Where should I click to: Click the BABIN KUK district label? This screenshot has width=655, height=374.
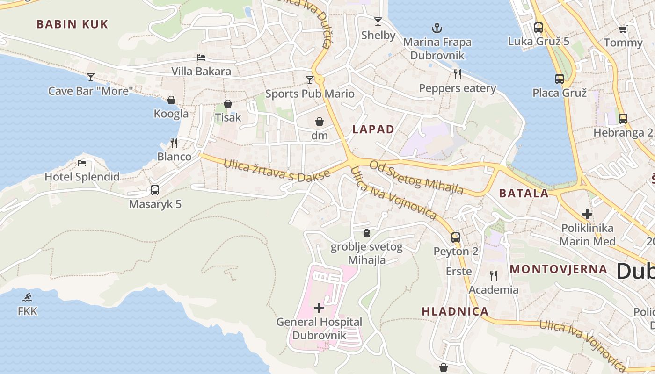coord(72,24)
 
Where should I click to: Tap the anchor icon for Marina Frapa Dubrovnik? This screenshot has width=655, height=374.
coord(437,29)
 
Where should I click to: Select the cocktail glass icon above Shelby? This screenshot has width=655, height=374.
coord(378,22)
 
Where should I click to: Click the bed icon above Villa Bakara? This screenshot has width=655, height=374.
coord(201,58)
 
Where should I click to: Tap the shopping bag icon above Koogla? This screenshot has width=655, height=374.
coord(171,100)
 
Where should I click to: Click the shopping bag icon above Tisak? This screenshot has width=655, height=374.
coord(228,104)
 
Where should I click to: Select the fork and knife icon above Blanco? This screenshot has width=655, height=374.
coord(174,143)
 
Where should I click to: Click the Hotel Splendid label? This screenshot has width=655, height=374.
coord(82,177)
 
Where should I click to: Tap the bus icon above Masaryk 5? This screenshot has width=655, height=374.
coord(155,190)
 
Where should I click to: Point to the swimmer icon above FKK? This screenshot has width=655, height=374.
coord(28,297)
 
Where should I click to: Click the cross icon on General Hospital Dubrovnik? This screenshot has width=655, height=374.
coord(319,308)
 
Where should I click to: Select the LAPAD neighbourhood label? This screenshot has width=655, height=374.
coord(373,129)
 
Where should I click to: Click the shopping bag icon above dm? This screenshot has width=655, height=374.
coord(320,122)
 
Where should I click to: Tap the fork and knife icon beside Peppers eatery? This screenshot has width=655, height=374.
coord(458,74)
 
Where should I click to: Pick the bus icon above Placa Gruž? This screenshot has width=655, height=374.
coord(560,79)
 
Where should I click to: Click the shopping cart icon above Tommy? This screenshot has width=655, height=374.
coord(623,29)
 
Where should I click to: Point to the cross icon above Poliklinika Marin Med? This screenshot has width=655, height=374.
coord(587,214)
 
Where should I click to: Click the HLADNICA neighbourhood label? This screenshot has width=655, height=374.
coord(455,311)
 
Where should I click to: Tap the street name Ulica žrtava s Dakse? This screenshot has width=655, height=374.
coord(277,170)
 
